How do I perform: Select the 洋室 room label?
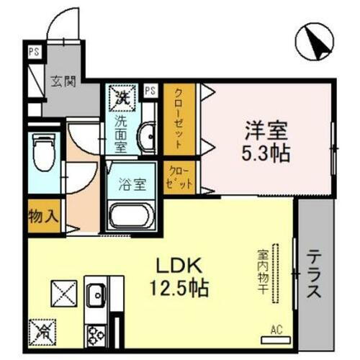pos(266,132)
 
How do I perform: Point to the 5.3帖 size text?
pos(267,153)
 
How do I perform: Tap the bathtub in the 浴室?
pos(130,215)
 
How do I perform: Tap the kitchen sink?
pos(95,294)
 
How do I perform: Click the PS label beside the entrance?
pos(33,52)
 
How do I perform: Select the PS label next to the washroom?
pos(150,91)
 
